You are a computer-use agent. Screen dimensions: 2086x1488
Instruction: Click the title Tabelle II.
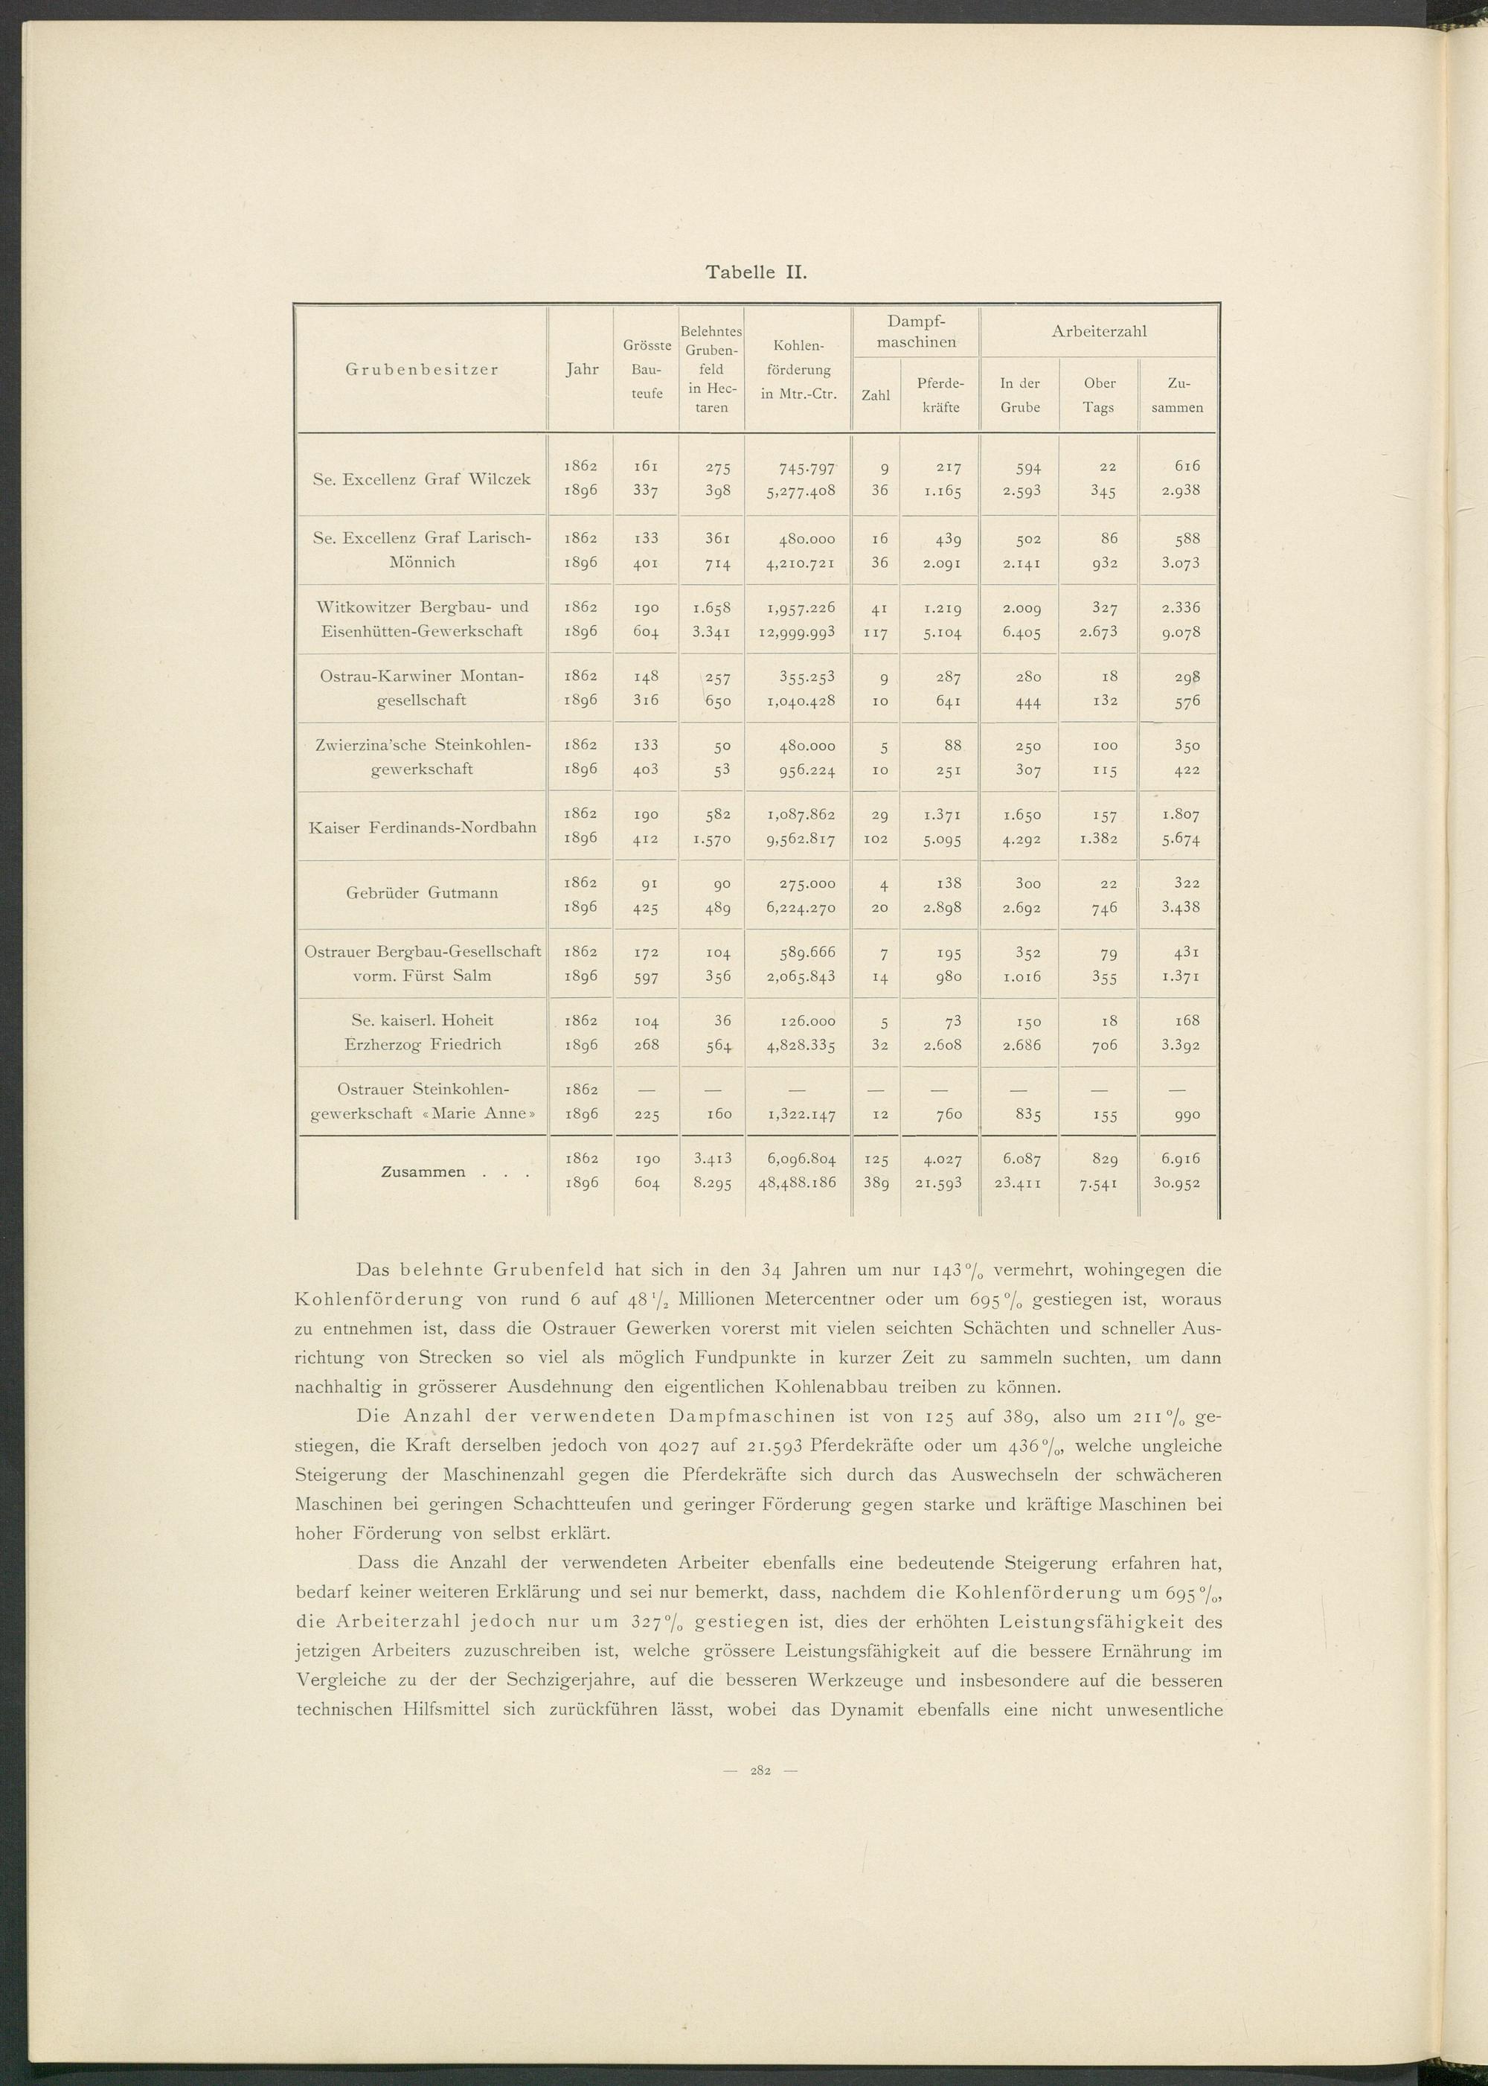[x=754, y=272]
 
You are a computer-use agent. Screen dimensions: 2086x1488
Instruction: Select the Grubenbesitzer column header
[x=422, y=369]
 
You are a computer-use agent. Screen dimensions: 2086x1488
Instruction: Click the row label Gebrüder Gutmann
[x=422, y=893]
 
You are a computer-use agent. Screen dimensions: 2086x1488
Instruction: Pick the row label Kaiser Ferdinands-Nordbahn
[x=422, y=826]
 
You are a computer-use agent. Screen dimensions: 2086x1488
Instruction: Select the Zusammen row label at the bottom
[x=423, y=1171]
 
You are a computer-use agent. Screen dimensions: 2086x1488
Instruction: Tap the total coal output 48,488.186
[x=796, y=1183]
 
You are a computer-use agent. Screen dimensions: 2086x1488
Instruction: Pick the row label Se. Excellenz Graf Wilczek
[x=422, y=479]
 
